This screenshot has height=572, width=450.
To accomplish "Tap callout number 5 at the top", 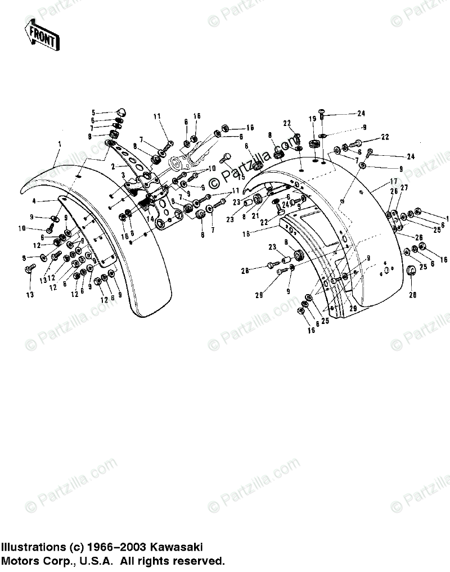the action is (x=94, y=112).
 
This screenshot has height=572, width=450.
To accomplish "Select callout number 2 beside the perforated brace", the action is (x=113, y=166).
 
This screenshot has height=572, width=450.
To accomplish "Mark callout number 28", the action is (x=245, y=271).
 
